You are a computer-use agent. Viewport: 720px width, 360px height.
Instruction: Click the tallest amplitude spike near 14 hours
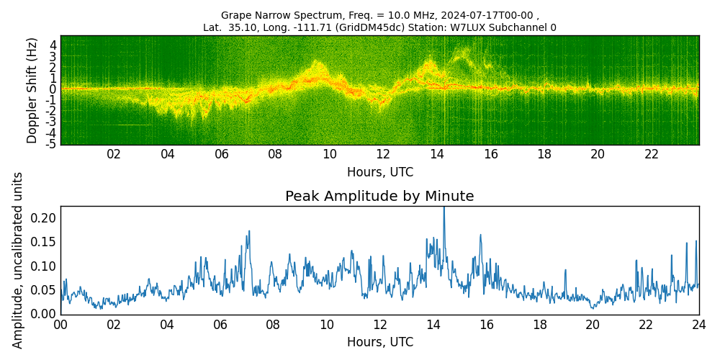[x=444, y=210]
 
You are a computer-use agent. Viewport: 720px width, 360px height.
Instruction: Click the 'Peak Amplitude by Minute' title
[x=379, y=196]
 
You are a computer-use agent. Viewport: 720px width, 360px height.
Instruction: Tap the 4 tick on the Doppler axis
[x=53, y=45]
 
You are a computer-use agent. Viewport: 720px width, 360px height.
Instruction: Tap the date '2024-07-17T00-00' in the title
[x=496, y=14]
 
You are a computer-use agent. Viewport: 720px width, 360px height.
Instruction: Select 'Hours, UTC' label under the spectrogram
[x=379, y=172]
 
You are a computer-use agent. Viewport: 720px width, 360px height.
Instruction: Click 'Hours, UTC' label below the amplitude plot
[x=379, y=342]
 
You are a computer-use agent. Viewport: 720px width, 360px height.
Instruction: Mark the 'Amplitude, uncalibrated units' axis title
[x=17, y=261]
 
